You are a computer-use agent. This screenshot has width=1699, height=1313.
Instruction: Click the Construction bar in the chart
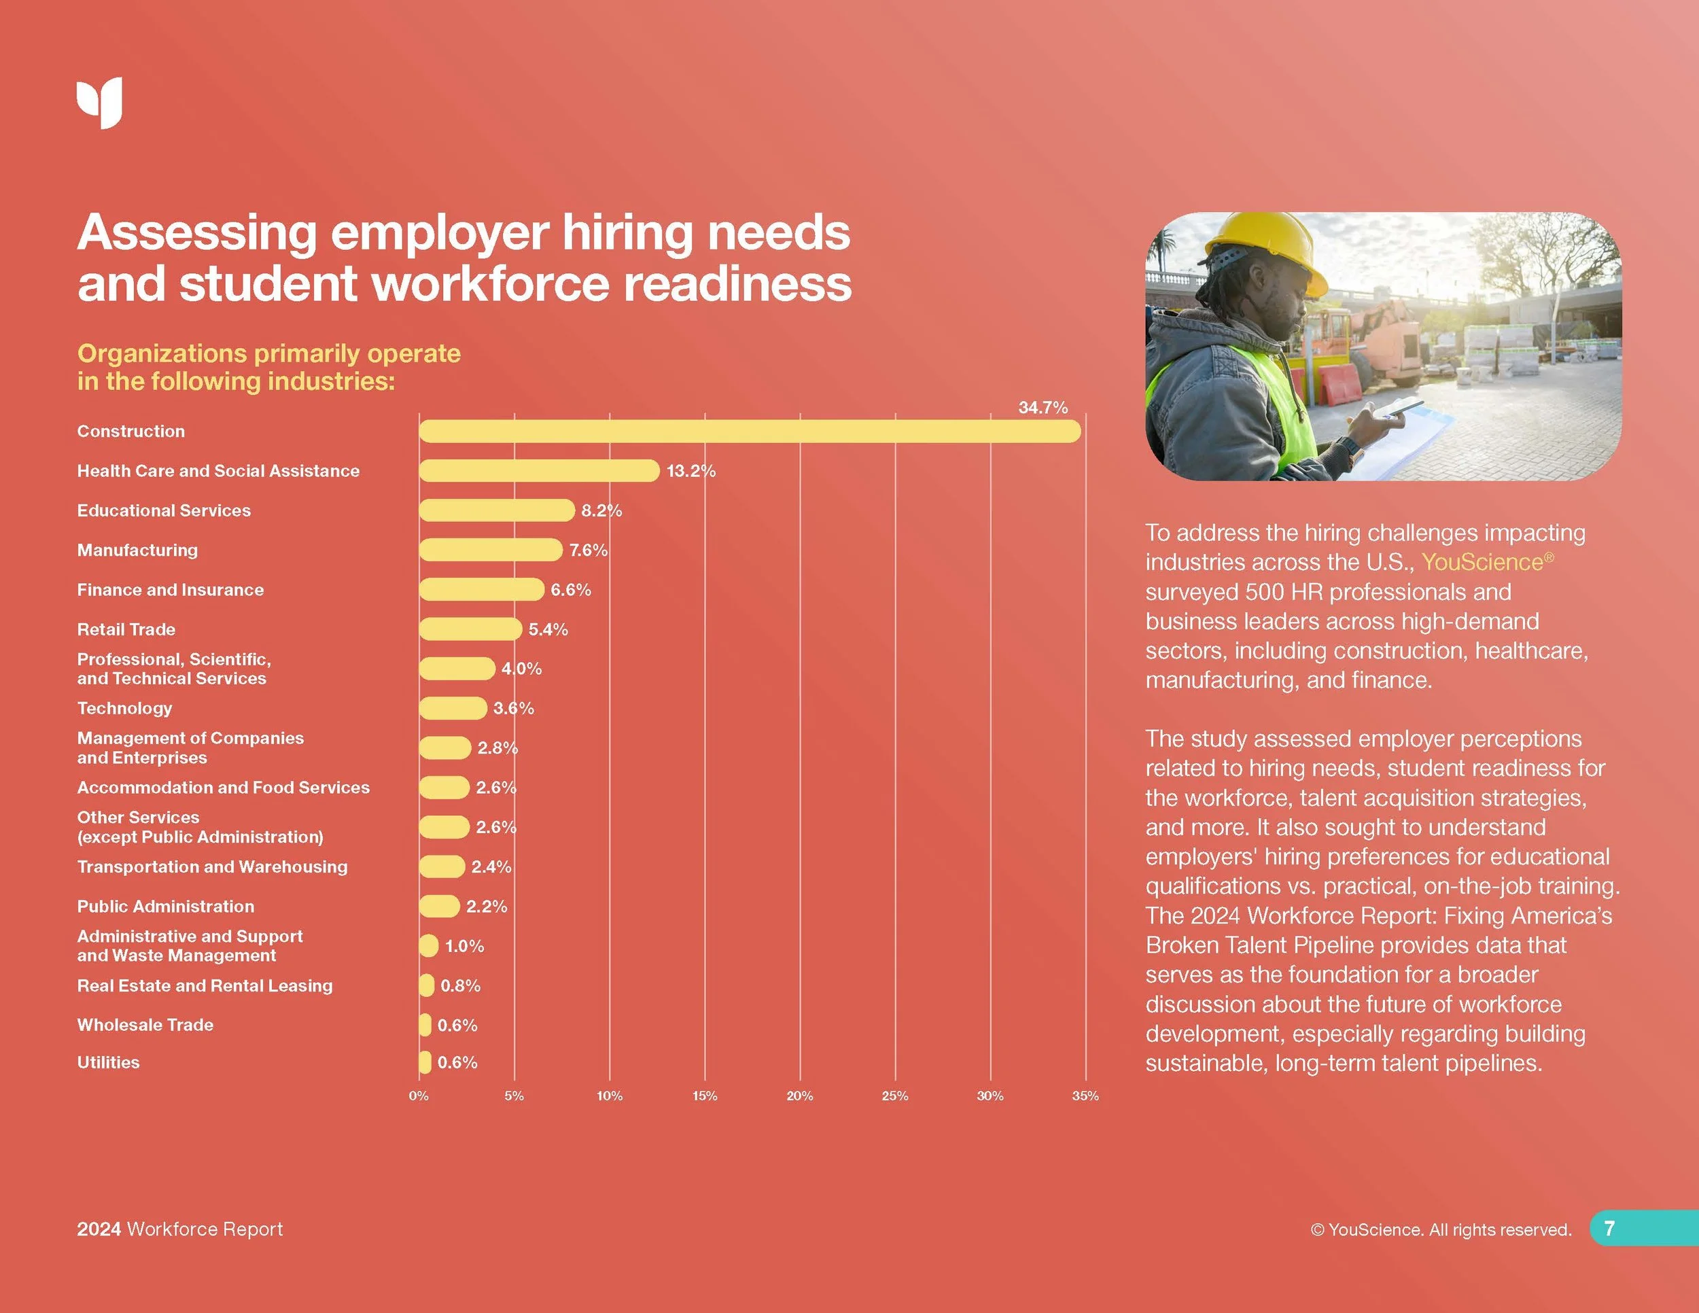point(749,431)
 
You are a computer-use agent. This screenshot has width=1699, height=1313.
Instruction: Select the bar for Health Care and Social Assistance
point(539,470)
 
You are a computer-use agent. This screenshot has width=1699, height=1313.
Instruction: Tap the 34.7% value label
point(1043,408)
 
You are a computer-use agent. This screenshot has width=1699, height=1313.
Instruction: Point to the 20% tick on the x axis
point(799,1096)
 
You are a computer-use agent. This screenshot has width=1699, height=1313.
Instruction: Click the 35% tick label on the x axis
point(1085,1096)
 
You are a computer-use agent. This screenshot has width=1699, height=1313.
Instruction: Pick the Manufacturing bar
point(490,550)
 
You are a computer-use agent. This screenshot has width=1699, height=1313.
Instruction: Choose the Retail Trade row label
point(126,629)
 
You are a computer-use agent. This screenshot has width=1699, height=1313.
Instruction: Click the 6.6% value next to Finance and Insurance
point(570,590)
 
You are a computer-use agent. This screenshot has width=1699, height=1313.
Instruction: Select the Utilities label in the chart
point(108,1062)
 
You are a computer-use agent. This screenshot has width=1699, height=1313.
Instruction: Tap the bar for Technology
point(453,708)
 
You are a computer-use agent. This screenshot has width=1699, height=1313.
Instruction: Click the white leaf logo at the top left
point(100,102)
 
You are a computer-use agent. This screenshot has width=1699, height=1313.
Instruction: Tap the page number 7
point(1609,1228)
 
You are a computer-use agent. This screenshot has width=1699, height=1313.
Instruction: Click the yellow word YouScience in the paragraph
point(1482,561)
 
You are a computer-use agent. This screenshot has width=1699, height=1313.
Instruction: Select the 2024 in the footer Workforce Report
point(99,1229)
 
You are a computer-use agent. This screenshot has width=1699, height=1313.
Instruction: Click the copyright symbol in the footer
point(1317,1230)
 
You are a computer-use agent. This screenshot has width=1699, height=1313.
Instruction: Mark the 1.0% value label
point(464,946)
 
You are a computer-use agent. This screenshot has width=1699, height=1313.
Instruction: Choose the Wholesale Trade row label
point(145,1024)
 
